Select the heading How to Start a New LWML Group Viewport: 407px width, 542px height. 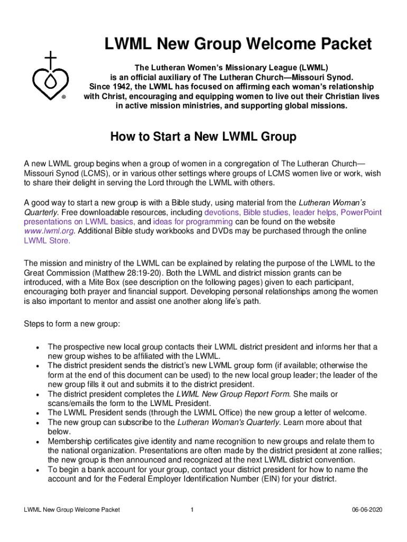[203, 137]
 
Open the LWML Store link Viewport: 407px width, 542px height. [47, 241]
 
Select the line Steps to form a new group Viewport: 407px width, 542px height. [72, 323]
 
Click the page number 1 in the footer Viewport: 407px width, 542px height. [193, 510]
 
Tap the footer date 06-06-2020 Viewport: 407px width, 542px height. [367, 510]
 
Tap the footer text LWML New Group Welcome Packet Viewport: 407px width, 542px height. [72, 510]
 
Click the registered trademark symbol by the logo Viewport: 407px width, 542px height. [63, 97]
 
